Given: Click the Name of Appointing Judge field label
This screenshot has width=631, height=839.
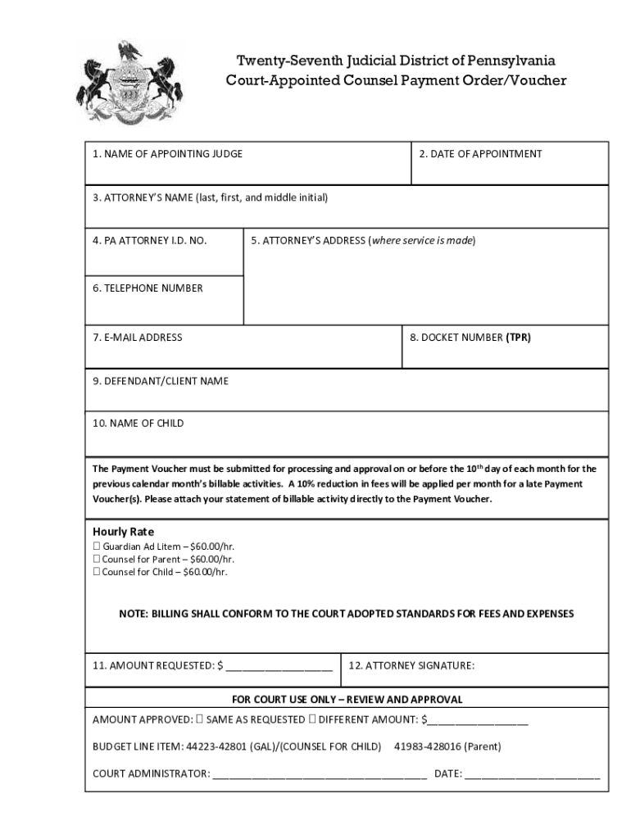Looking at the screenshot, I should click(x=167, y=154).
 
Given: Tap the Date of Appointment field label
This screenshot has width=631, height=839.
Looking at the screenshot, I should click(x=480, y=154).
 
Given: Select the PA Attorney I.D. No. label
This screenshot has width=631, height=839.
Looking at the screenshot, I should click(x=149, y=241).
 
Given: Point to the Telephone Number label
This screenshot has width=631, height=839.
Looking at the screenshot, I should click(x=148, y=288).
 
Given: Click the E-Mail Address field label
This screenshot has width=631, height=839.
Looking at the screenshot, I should click(x=137, y=338).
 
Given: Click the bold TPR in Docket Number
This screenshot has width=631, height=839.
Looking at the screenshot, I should click(x=518, y=338).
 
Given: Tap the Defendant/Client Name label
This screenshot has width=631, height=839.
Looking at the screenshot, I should click(x=161, y=381).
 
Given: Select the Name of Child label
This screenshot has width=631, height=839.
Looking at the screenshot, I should click(x=138, y=424).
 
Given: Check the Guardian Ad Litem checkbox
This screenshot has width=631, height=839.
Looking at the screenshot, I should click(x=96, y=546).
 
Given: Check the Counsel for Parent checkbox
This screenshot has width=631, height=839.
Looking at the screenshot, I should click(x=96, y=560).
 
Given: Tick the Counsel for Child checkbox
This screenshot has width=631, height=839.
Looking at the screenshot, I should click(x=96, y=572).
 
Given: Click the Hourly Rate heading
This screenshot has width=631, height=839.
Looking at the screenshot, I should click(x=123, y=532).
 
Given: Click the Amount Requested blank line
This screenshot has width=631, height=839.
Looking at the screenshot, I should click(x=279, y=667).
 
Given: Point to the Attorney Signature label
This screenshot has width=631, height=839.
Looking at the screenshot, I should click(x=411, y=666).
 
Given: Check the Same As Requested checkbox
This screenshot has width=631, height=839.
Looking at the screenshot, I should click(x=199, y=720).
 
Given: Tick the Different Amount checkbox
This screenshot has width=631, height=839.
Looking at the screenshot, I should click(x=312, y=720).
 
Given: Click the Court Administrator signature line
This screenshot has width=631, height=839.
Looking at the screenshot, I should click(x=320, y=775).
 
